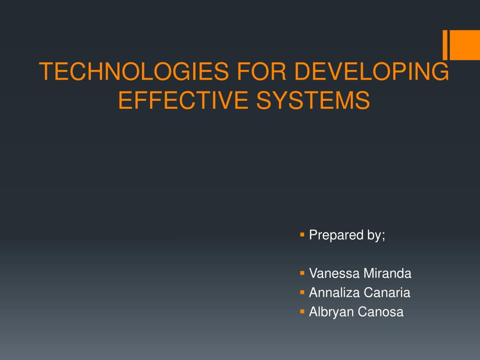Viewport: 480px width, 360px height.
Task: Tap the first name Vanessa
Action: point(330,274)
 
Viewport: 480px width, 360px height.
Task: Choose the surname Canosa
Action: point(380,312)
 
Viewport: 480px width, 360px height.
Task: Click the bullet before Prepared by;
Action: point(302,234)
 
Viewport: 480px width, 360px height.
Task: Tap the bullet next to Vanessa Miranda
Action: point(302,272)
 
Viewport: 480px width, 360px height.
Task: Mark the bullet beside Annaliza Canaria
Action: point(302,292)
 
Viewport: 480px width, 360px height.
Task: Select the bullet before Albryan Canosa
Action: point(302,311)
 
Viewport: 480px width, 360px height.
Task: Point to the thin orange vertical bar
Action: point(445,45)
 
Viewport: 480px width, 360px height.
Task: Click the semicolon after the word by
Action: point(383,236)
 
